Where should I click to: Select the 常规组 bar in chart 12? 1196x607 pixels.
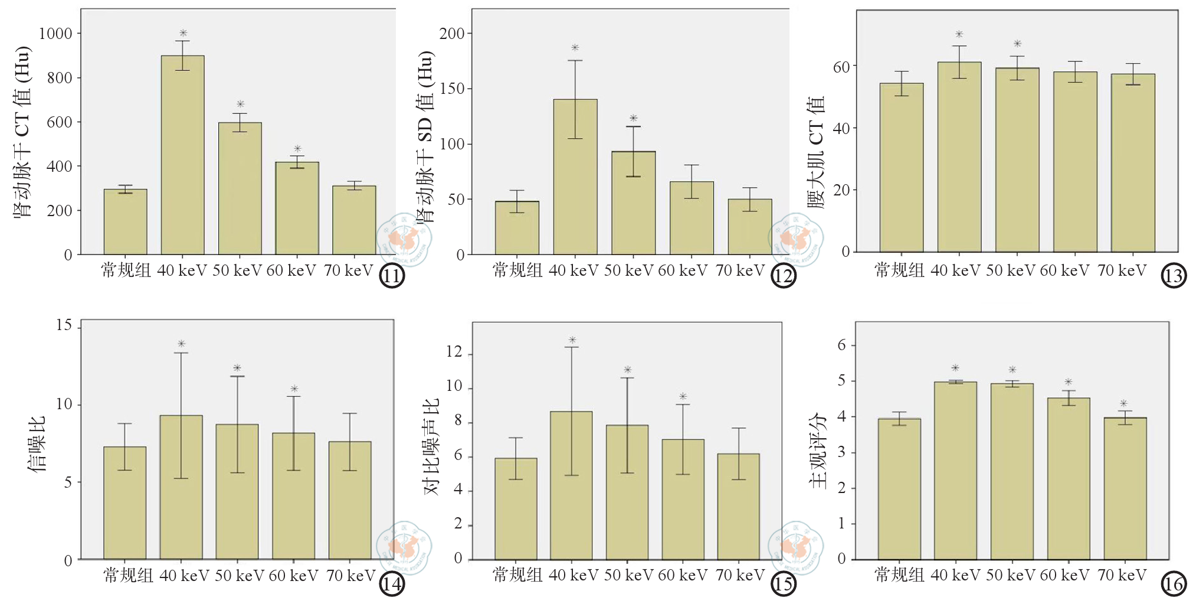tap(517, 228)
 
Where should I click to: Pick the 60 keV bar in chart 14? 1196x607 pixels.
tap(293, 496)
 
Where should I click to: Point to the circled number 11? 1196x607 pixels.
tap(392, 276)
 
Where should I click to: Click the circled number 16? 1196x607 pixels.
tap(1174, 584)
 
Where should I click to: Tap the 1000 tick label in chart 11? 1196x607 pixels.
tap(55, 34)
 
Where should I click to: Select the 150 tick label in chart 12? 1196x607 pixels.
tap(452, 89)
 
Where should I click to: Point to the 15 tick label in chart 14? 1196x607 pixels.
tap(64, 325)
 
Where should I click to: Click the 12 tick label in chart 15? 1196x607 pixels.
tap(454, 352)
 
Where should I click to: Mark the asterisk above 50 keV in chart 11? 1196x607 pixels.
tap(240, 105)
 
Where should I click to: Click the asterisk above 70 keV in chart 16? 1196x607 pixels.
tap(1124, 404)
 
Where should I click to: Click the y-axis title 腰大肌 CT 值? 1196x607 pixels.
tap(816, 152)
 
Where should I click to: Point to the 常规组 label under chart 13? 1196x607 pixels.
tap(899, 270)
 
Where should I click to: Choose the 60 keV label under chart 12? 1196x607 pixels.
tap(683, 270)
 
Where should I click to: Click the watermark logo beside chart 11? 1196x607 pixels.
tap(404, 239)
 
